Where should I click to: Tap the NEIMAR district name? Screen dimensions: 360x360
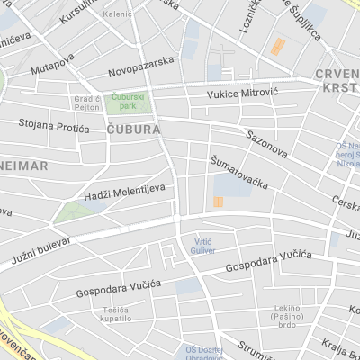(23, 166)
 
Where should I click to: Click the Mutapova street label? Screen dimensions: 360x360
(51, 67)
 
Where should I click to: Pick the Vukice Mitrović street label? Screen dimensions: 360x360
(242, 93)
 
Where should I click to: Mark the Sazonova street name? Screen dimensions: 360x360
(266, 143)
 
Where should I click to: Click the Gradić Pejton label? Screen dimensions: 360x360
(87, 103)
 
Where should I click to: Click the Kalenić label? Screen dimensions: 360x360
(117, 14)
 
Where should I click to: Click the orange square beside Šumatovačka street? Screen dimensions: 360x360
(219, 202)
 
